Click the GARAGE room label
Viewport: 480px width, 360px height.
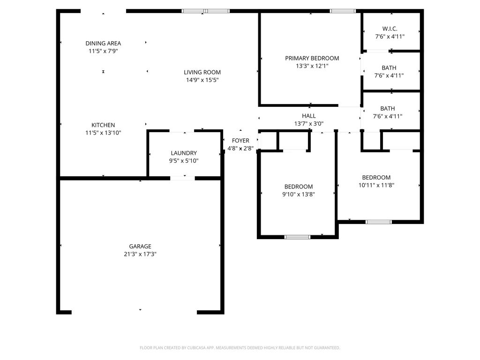[x=140, y=246]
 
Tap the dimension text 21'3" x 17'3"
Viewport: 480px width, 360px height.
[x=140, y=254]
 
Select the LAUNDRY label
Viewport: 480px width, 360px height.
[x=184, y=153]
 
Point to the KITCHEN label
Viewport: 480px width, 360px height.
[x=103, y=125]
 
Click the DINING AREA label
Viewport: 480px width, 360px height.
[x=103, y=43]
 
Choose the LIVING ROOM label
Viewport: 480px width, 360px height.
[x=202, y=72]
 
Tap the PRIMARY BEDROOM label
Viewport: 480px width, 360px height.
[x=312, y=58]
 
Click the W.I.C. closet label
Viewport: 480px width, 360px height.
[x=390, y=29]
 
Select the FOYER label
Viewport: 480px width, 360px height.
[x=240, y=141]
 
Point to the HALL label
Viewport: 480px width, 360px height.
[x=308, y=116]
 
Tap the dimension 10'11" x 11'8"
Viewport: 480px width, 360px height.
[x=376, y=185]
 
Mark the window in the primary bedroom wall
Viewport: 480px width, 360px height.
[x=343, y=11]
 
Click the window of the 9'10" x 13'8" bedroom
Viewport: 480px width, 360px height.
[x=298, y=237]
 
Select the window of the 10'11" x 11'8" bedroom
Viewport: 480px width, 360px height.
[x=378, y=221]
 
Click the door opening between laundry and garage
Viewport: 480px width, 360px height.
[x=182, y=178]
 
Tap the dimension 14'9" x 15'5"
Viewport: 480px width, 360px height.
[x=202, y=80]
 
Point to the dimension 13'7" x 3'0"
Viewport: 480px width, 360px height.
[x=308, y=124]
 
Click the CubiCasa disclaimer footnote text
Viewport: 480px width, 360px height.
[x=240, y=348]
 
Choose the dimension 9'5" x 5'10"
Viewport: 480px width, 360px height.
[x=184, y=161]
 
